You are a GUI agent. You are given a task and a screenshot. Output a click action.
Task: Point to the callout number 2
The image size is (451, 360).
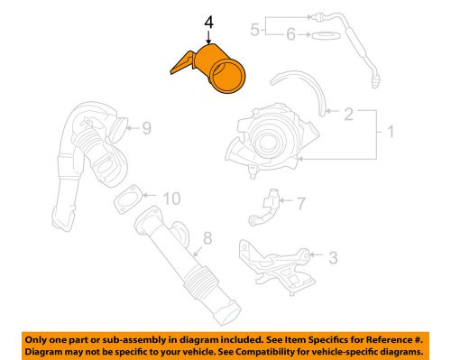346,115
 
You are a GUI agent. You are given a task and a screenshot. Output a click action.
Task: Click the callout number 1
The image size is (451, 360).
391,134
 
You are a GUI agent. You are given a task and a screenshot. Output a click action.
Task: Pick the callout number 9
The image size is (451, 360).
145,128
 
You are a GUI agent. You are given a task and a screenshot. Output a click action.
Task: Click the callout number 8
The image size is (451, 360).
207,239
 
